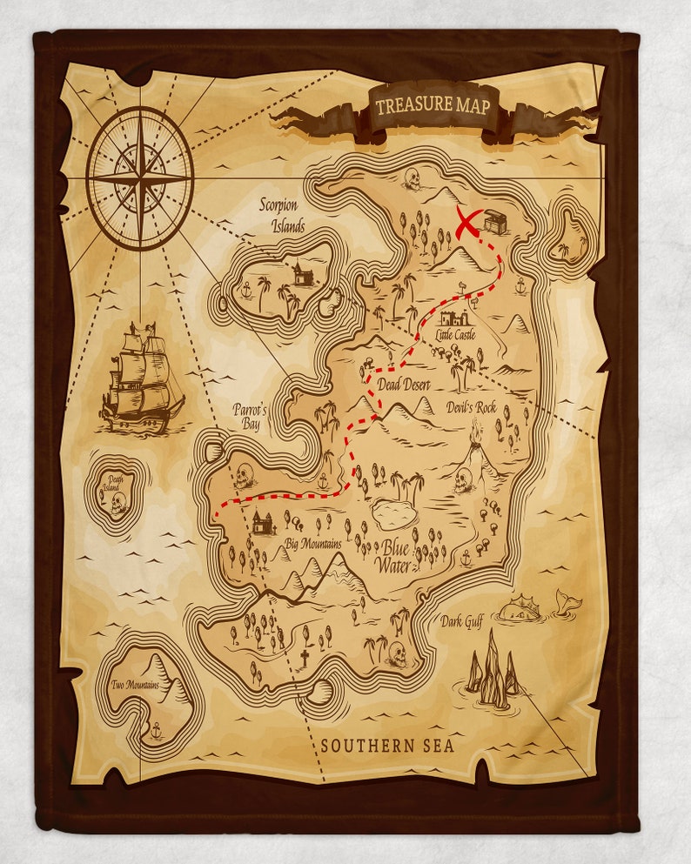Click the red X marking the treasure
469,223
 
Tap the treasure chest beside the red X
495,222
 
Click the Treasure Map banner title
433,106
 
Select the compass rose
140,177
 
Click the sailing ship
143,378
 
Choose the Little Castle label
456,335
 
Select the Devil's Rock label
496,407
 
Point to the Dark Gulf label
462,621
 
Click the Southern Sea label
387,746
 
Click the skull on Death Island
117,502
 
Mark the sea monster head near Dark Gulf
519,607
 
